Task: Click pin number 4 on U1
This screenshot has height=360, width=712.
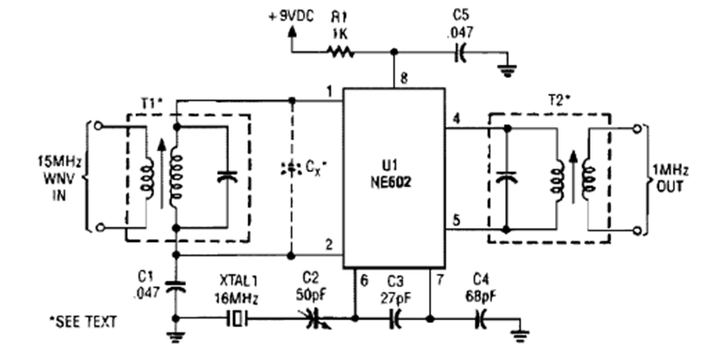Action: (456, 118)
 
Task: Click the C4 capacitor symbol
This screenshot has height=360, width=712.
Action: (482, 317)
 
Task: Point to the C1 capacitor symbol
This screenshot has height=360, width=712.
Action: (177, 286)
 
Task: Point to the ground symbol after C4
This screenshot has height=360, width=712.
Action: (521, 334)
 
